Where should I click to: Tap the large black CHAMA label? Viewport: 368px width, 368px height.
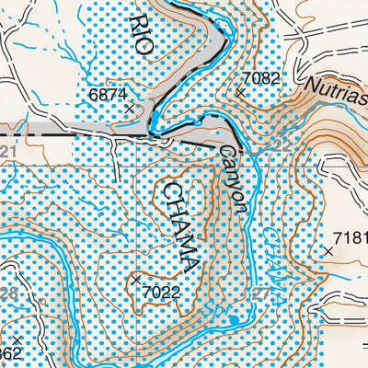pyautogui.click(x=178, y=225)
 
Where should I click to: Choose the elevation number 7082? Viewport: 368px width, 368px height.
pyautogui.click(x=259, y=79)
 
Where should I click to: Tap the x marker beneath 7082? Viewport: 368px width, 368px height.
pyautogui.click(x=241, y=92)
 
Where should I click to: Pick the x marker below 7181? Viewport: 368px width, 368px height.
pyautogui.click(x=328, y=250)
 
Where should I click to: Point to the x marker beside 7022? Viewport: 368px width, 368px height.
pyautogui.click(x=136, y=279)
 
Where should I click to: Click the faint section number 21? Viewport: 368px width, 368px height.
pyautogui.click(x=9, y=150)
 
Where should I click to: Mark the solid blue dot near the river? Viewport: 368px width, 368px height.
pyautogui.click(x=235, y=319)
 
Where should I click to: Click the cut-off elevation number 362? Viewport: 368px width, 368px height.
pyautogui.click(x=9, y=355)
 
